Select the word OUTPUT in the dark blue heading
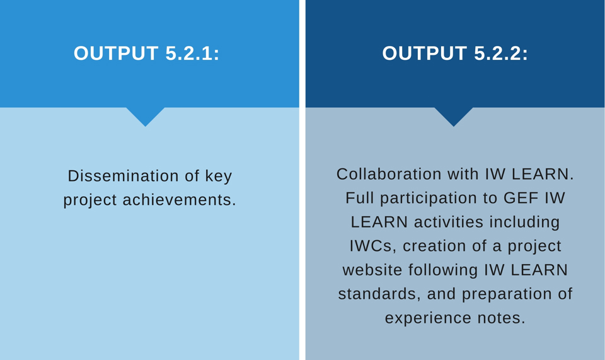424,53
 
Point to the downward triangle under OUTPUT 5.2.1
146,115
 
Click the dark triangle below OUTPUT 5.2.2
454,115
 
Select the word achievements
179,200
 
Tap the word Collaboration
389,174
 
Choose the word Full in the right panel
360,198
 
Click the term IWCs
372,246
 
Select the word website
372,270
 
